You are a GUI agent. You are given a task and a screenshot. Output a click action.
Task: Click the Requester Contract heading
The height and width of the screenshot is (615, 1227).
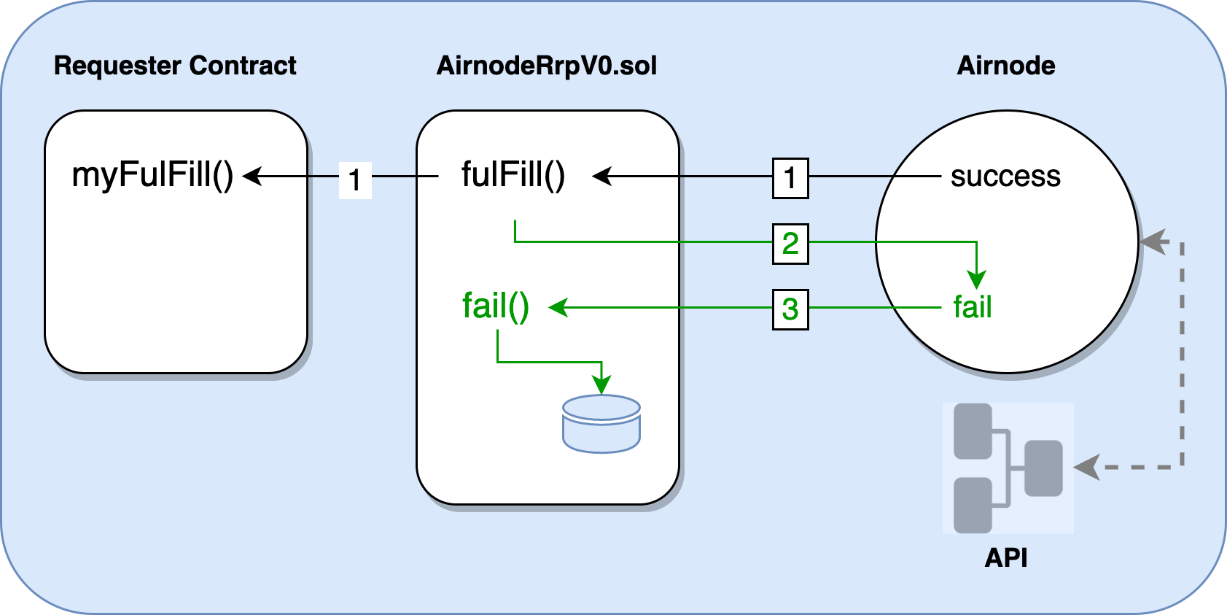175,66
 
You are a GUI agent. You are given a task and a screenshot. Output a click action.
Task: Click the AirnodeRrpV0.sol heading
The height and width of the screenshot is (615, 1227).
547,66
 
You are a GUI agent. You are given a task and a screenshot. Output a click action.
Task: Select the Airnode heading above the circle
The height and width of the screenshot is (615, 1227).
1006,66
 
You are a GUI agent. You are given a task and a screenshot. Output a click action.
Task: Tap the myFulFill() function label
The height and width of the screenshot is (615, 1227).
152,175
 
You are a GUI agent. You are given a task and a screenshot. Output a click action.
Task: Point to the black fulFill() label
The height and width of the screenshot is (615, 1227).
513,175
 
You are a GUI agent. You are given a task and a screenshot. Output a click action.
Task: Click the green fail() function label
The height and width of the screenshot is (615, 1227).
496,306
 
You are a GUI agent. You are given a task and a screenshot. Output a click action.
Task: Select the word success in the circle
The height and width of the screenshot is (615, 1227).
1005,176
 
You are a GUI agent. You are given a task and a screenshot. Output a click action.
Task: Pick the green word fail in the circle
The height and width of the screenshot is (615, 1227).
973,307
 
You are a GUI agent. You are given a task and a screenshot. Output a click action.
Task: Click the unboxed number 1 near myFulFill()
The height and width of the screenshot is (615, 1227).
355,180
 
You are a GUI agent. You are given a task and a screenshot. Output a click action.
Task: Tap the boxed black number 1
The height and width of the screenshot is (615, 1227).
790,178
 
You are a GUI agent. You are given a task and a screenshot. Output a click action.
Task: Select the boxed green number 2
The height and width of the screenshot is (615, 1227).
790,243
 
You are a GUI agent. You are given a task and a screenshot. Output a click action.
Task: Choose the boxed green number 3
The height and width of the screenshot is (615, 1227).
790,309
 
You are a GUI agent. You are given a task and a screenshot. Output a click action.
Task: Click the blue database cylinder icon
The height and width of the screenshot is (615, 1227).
601,424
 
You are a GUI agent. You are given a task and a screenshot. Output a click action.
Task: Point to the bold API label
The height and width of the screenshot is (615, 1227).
1006,558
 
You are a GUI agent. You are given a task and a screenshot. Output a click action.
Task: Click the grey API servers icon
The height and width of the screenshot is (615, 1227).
1008,468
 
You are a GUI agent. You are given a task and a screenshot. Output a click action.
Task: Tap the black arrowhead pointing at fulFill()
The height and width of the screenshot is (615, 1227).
601,177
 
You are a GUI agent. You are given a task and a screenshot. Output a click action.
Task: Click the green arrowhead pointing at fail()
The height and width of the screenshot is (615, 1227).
558,308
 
